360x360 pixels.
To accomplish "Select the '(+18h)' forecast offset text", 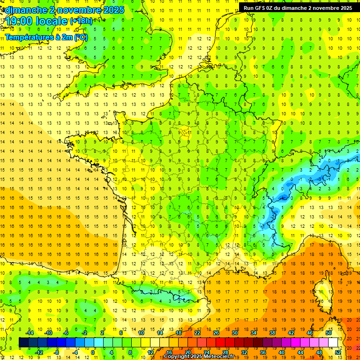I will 81,21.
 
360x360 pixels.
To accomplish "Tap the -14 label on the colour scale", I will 31,332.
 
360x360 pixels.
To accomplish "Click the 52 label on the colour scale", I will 338,352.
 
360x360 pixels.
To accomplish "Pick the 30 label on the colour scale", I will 235,332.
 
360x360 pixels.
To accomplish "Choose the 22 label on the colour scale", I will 197,332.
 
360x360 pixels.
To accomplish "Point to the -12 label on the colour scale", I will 40,352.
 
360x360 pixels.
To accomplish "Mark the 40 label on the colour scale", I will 282,352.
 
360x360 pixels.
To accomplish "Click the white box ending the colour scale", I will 333,342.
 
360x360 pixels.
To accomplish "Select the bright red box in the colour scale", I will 221,342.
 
